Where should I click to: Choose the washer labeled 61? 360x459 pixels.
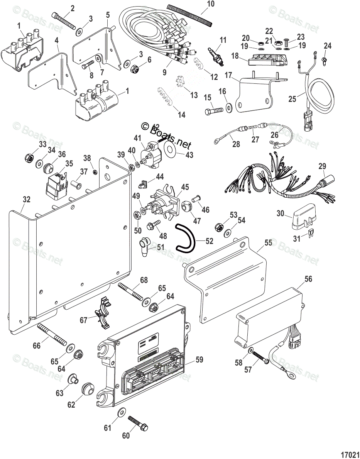(x=120, y=412)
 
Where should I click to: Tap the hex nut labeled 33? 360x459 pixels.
(x=29, y=158)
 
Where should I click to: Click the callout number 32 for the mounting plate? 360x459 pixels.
(x=26, y=199)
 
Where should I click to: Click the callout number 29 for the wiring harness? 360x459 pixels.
(x=322, y=166)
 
